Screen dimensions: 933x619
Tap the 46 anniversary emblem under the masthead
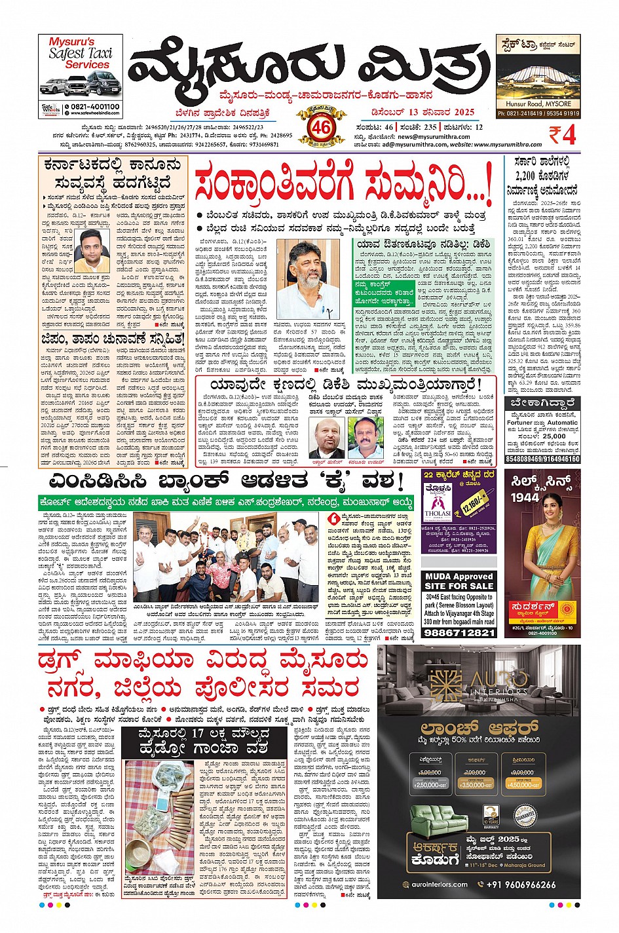tap(320, 126)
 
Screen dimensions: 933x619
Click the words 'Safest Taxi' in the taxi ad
tap(80, 53)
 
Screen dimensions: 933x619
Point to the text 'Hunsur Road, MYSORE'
tap(538, 104)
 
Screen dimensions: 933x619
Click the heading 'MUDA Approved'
tap(459, 577)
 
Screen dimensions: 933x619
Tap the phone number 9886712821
tap(459, 632)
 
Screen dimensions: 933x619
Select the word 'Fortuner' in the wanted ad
tap(520, 423)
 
